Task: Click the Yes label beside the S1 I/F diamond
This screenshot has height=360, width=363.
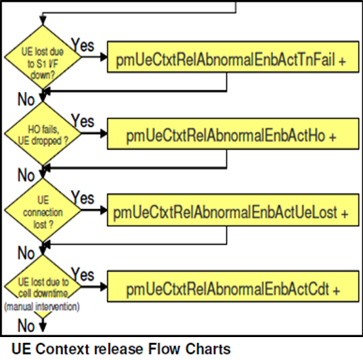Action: click(x=83, y=46)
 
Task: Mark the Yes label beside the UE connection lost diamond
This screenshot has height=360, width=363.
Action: click(x=83, y=198)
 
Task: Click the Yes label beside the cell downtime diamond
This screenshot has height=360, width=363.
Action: click(x=83, y=275)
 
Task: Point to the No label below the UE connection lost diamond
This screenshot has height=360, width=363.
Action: click(x=27, y=252)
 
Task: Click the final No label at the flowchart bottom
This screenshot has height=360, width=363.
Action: click(x=27, y=325)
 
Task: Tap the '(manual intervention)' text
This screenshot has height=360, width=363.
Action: click(x=42, y=307)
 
